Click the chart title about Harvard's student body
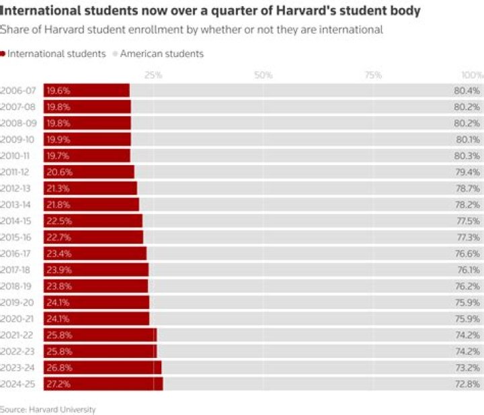(x=210, y=11)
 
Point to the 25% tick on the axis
(x=153, y=75)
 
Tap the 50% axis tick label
(x=263, y=75)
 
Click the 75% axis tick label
(x=373, y=75)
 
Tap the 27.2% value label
(x=58, y=384)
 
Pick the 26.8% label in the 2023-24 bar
(x=58, y=367)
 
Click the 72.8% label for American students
(x=467, y=384)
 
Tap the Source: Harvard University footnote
(x=48, y=409)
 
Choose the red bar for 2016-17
(x=95, y=253)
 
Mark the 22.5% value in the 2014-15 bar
(x=58, y=221)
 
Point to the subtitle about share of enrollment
(x=192, y=30)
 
